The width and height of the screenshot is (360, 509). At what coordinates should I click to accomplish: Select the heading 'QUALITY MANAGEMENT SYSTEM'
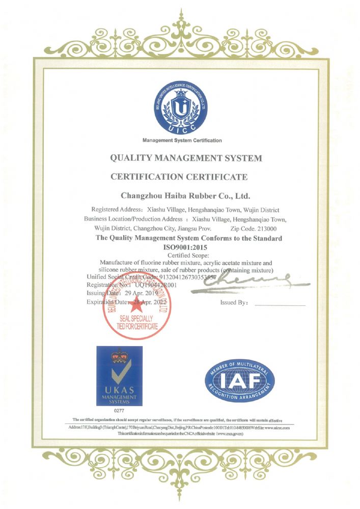pyautogui.click(x=186, y=158)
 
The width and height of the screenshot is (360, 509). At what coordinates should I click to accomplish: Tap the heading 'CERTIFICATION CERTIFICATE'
pyautogui.click(x=179, y=177)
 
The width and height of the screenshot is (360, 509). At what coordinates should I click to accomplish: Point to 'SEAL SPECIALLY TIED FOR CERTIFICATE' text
pyautogui.click(x=138, y=322)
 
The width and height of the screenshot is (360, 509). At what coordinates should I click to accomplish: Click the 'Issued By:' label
pyautogui.click(x=234, y=302)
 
